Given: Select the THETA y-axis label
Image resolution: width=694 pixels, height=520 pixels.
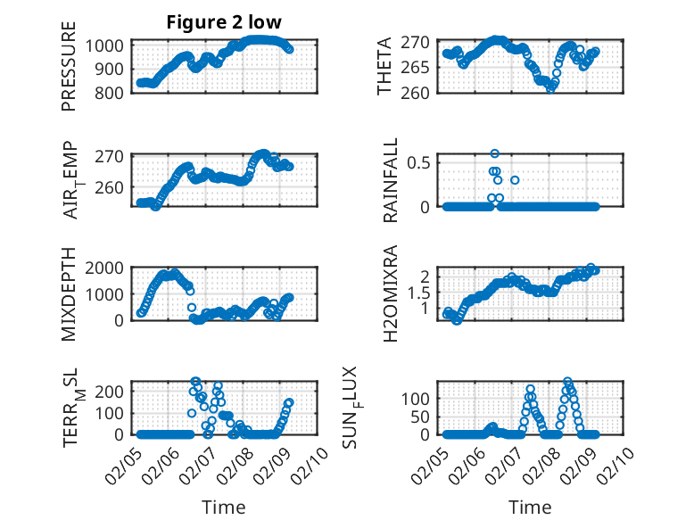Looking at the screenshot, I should tap(384, 67).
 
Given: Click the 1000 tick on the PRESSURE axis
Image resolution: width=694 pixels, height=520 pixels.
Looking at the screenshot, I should tap(110, 45).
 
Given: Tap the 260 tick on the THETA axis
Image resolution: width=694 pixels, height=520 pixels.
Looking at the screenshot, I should tap(421, 92).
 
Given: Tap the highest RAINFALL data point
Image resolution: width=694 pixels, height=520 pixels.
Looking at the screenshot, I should tap(494, 153).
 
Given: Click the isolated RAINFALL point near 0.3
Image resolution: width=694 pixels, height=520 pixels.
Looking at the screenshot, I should tap(515, 180).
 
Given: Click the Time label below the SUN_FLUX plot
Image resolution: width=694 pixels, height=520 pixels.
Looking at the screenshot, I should tap(531, 507).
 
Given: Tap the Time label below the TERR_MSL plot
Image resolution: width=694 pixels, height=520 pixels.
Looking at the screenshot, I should tap(223, 507).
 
